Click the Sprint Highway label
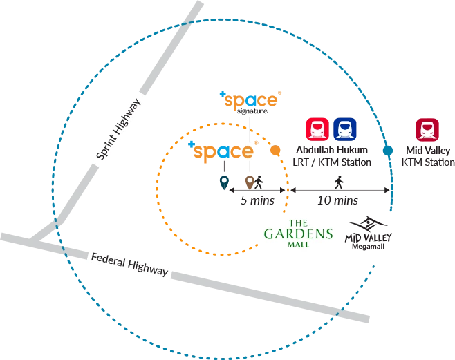tap(118, 129)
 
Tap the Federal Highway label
tap(130, 265)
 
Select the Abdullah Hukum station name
tap(332, 150)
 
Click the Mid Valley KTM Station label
tap(428, 156)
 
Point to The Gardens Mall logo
tap(298, 234)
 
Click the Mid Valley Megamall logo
tap(369, 233)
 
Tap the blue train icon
tap(345, 129)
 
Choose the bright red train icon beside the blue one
tap(317, 129)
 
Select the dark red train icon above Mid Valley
tap(427, 130)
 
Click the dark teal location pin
tap(224, 182)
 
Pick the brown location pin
tap(250, 182)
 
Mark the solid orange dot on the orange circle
tap(275, 150)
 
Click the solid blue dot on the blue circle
tap(388, 151)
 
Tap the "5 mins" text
tap(257, 200)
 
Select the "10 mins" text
tap(337, 200)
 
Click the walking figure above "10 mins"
tap(339, 182)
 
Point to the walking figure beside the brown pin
tap(259, 182)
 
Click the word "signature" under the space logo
tap(252, 111)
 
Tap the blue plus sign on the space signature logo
tap(223, 94)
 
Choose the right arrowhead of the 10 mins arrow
tap(387, 190)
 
